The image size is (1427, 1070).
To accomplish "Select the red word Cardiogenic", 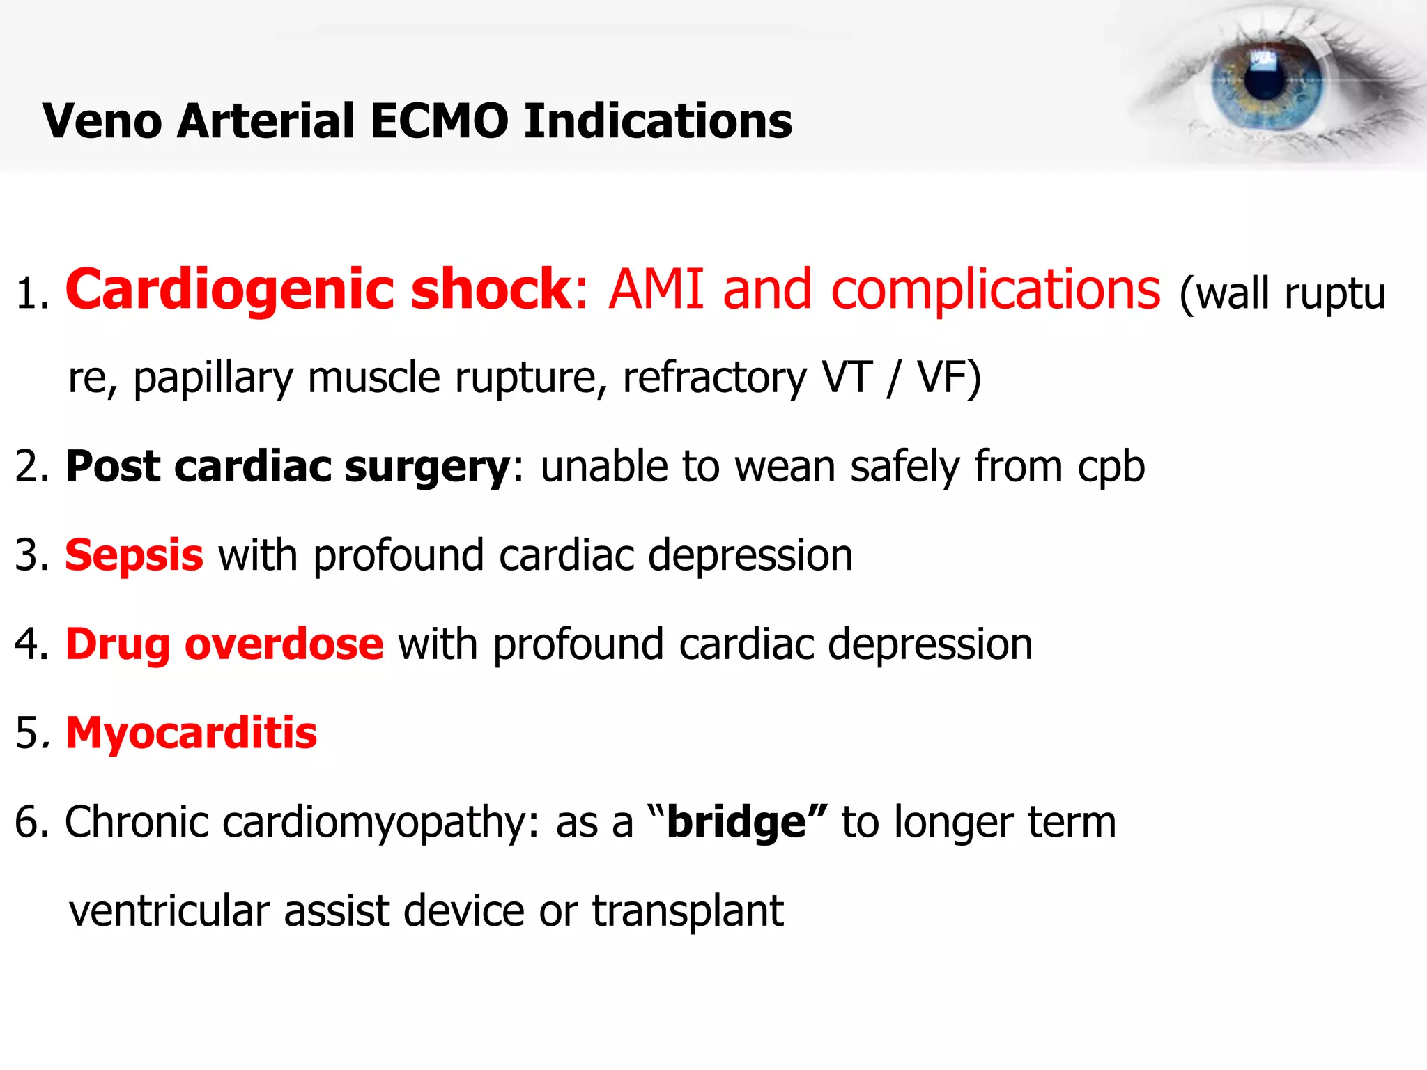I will click(230, 289).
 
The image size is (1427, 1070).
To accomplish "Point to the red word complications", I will click(996, 289).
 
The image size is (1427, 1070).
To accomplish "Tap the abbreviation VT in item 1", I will click(847, 378).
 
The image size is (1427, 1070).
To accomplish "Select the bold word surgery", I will click(427, 467).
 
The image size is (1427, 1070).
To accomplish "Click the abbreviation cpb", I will click(1111, 467).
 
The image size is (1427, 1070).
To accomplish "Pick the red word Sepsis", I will click(134, 556).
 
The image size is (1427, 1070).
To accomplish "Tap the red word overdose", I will click(284, 644).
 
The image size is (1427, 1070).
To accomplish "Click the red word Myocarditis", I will click(191, 734).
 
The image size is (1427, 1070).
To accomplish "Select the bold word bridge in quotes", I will click(736, 823).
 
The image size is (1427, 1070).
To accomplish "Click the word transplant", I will click(688, 911).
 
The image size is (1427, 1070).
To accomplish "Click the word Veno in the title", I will click(102, 121).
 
